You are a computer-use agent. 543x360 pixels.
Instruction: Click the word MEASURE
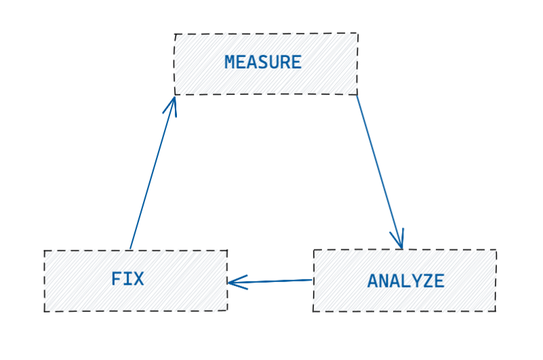pos(262,62)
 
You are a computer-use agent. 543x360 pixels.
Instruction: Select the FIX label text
pos(127,279)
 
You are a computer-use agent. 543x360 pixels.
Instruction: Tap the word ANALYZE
pos(405,281)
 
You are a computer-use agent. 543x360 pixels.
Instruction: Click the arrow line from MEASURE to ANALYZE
pos(379,169)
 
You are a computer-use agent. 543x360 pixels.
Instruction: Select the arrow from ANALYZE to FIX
pos(271,281)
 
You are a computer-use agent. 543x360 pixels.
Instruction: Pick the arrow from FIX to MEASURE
pos(152,174)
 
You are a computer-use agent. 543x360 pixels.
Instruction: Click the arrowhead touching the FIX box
pos(235,282)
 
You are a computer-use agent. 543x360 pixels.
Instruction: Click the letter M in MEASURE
pos(230,62)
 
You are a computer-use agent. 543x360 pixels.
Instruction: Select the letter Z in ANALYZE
pos(428,281)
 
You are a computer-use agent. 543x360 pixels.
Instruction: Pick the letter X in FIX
pos(138,279)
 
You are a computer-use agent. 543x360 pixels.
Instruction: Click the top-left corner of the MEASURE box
pos(175,35)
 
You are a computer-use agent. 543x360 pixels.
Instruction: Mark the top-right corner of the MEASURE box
pos(357,33)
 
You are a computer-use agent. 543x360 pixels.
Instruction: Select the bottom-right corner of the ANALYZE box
pos(496,311)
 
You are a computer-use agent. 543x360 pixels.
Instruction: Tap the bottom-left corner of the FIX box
pos(45,311)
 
